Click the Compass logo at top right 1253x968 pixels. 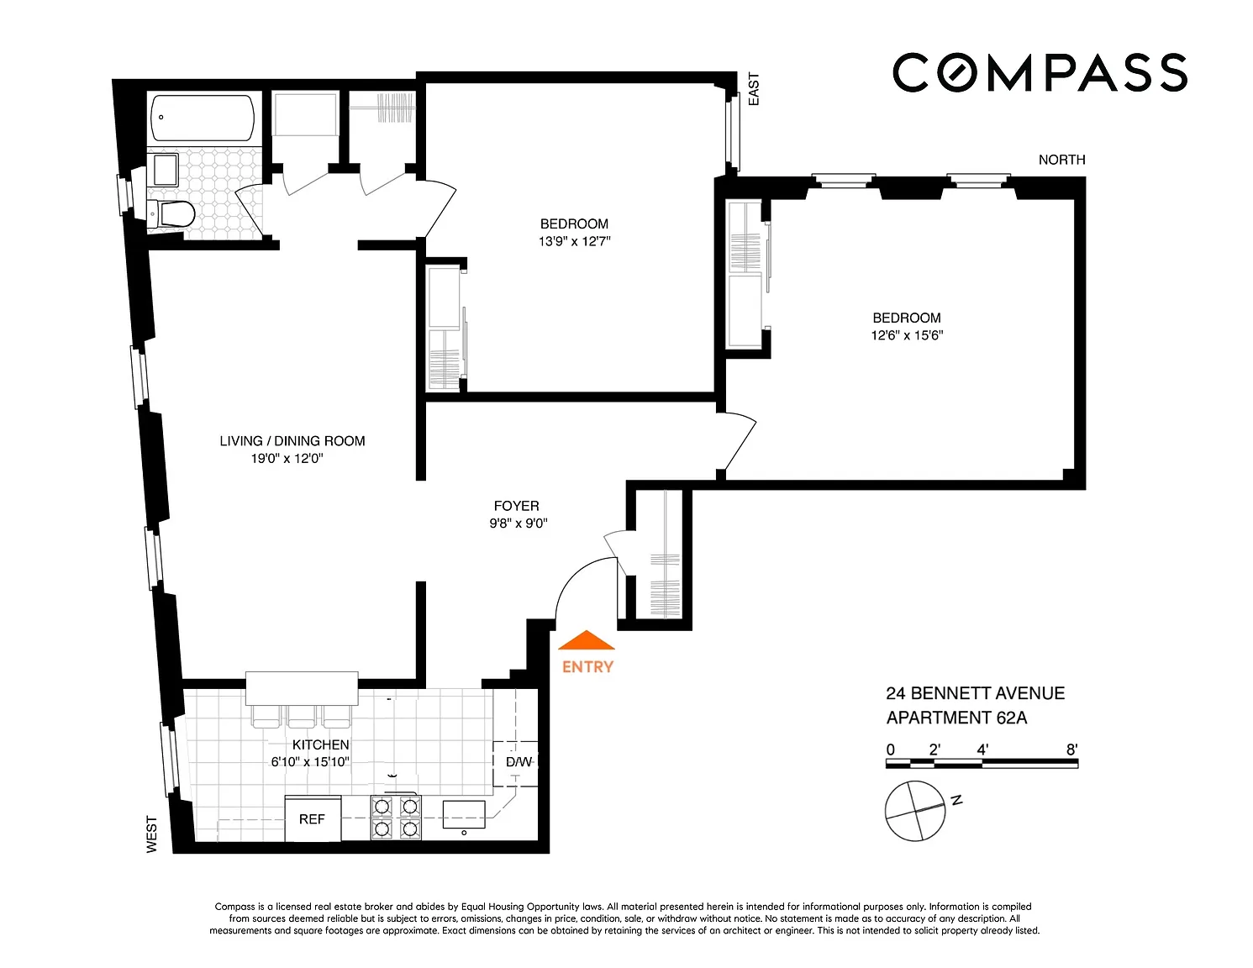[x=1039, y=72]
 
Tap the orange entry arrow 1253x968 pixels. [x=586, y=640]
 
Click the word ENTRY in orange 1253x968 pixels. [x=587, y=667]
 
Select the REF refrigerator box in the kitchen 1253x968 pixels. [x=313, y=818]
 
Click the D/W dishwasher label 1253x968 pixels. [x=519, y=762]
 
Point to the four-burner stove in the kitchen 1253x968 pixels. [x=396, y=818]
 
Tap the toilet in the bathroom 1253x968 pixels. [x=171, y=214]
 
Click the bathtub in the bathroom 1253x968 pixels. [x=202, y=117]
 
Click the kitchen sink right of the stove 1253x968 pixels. [x=464, y=814]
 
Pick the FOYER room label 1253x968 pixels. [x=517, y=506]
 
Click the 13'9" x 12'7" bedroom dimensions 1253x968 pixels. [x=574, y=241]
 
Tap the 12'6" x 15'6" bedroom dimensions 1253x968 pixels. [x=907, y=335]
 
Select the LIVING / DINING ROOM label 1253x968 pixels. [x=292, y=441]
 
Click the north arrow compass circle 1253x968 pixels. [x=915, y=811]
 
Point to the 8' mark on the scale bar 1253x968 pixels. [x=1072, y=750]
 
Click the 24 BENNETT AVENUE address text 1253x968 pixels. [x=975, y=693]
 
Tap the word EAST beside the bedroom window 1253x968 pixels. [x=753, y=89]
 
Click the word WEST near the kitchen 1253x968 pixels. [x=151, y=834]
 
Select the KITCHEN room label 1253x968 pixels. [x=320, y=744]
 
